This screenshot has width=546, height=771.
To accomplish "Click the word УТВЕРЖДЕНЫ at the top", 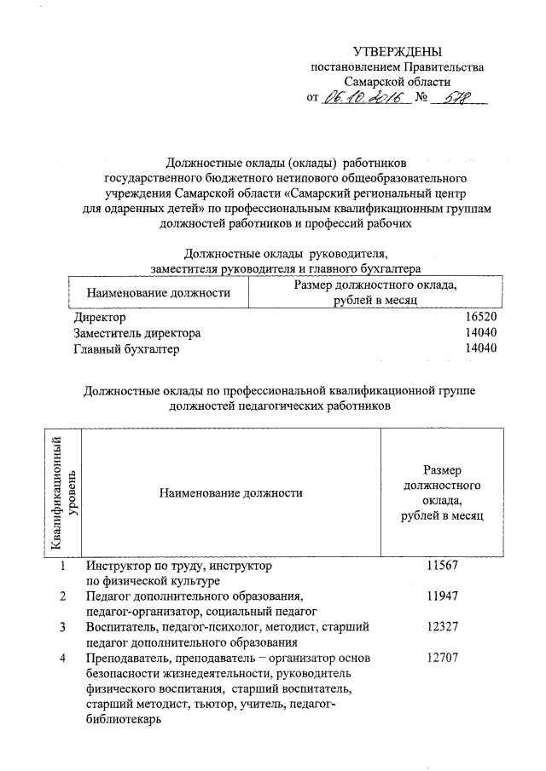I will tap(398, 53).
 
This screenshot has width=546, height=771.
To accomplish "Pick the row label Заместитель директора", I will tap(138, 333).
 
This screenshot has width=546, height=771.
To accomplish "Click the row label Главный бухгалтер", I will tap(127, 349).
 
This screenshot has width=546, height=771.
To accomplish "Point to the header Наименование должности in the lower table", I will tap(230, 492).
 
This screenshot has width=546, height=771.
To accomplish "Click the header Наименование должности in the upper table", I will tap(159, 293).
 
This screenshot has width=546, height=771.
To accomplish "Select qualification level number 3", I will tap(62, 627).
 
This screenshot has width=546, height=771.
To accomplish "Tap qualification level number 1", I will tap(62, 566).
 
